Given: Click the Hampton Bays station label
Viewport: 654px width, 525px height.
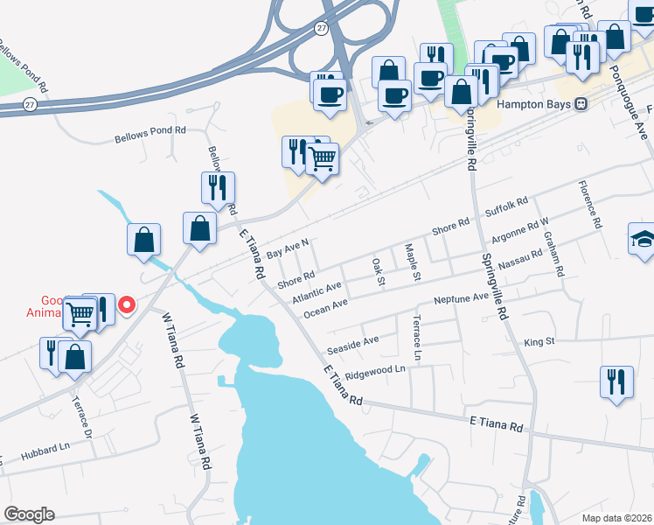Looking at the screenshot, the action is [x=533, y=103].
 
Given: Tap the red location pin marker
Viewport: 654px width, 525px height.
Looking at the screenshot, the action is [x=127, y=305].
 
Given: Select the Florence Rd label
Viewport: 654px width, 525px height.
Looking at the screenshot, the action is [x=590, y=204].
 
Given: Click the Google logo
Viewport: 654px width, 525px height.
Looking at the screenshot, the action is [x=28, y=514].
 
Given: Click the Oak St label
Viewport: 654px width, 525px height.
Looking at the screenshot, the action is [x=379, y=271].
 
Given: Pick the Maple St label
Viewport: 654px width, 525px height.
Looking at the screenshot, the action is [x=413, y=260].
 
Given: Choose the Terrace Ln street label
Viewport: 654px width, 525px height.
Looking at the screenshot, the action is [x=418, y=338].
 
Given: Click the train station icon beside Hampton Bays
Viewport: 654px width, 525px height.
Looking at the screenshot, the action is [x=581, y=103].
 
